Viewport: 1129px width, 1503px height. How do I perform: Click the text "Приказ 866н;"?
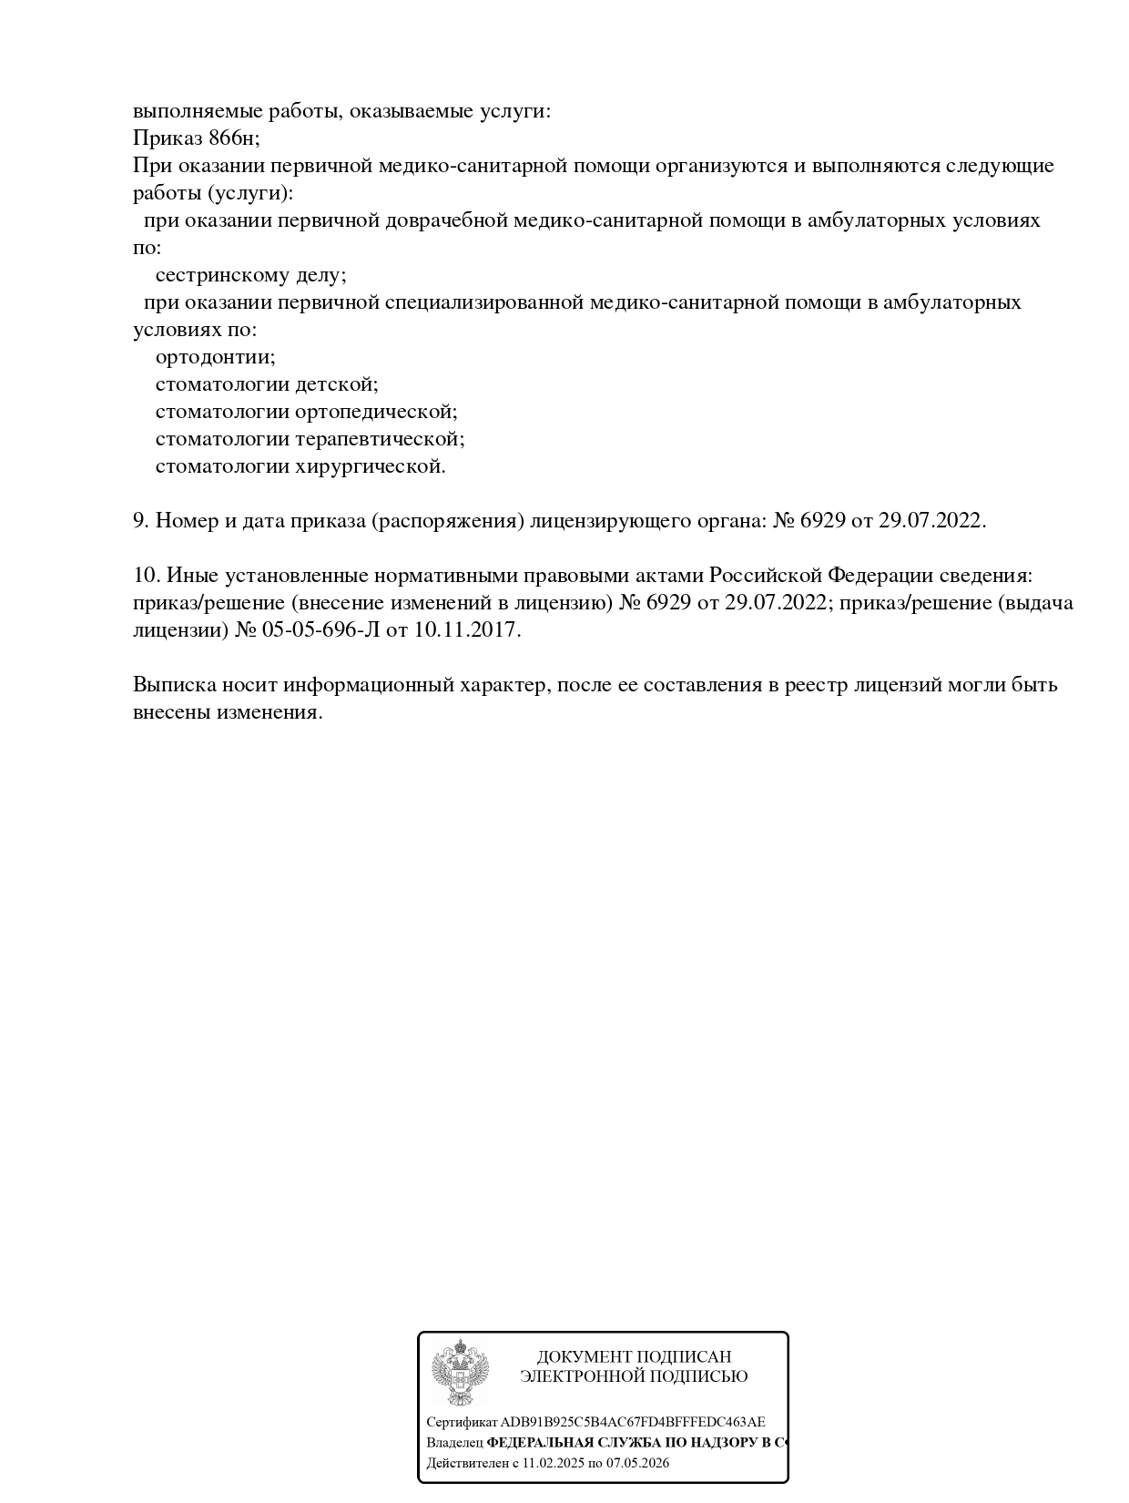coord(196,138)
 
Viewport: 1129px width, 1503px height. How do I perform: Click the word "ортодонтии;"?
coord(215,357)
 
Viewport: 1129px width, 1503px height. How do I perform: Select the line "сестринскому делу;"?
coord(250,275)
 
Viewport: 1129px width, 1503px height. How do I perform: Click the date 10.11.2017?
coord(467,630)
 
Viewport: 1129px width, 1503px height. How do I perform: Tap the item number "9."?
coord(140,521)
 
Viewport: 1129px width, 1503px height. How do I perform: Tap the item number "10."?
coord(146,576)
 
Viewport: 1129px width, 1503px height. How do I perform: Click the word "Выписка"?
coord(172,685)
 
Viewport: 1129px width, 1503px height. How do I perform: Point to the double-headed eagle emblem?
coord(460,1372)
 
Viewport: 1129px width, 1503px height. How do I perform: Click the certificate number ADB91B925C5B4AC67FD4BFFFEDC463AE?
coord(633,1422)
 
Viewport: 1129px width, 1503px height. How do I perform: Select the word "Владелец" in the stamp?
coord(454,1443)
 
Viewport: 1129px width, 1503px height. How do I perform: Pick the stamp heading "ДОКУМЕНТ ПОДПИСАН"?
coord(634,1357)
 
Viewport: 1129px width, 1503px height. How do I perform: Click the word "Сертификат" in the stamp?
coord(462,1422)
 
